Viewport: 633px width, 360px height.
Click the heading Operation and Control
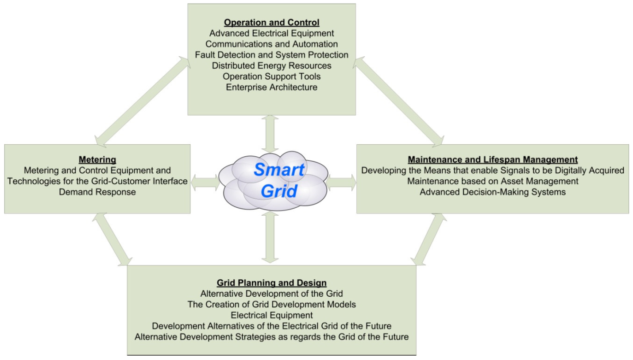click(271, 23)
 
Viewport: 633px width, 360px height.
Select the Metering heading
click(97, 160)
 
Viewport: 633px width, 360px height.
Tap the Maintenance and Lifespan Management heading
click(493, 160)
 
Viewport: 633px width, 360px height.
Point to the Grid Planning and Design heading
click(271, 283)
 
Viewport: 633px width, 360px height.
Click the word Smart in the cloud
click(279, 170)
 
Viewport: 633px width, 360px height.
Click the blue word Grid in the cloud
click(279, 191)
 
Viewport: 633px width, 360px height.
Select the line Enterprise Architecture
click(271, 87)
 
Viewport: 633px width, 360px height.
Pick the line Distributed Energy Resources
click(271, 66)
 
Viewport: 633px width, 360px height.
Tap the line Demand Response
click(97, 192)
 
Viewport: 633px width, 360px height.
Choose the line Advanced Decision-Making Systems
click(493, 192)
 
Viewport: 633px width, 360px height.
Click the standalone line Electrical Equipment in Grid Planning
click(271, 315)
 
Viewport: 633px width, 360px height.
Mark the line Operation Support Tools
click(271, 77)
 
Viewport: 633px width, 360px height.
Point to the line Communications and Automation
click(271, 44)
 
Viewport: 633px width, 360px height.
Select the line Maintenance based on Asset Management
click(493, 181)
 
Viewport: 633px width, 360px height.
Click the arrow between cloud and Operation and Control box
click(270, 134)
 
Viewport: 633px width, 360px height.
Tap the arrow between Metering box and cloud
click(205, 182)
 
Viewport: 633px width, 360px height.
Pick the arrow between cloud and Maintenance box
click(341, 182)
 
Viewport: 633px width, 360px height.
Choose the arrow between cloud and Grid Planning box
click(270, 237)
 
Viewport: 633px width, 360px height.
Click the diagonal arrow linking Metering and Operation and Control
click(142, 102)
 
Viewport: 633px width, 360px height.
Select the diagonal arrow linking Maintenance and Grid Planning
click(428, 240)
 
